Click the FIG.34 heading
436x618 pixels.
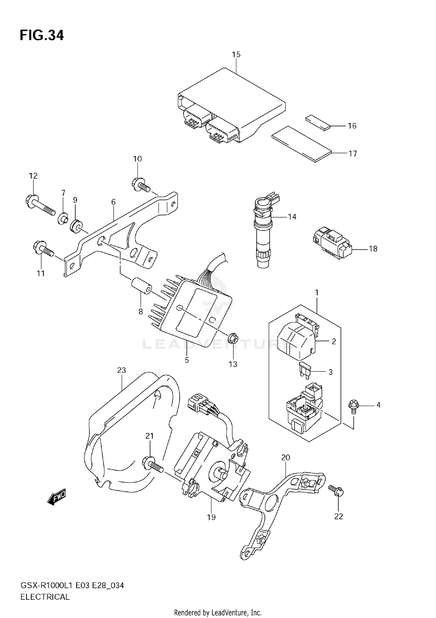[42, 35]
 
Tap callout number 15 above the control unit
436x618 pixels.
[236, 54]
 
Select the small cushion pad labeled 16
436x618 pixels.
[318, 122]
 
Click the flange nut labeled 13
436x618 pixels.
[233, 339]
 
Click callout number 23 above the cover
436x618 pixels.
[121, 370]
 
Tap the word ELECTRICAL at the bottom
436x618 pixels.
[45, 597]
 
